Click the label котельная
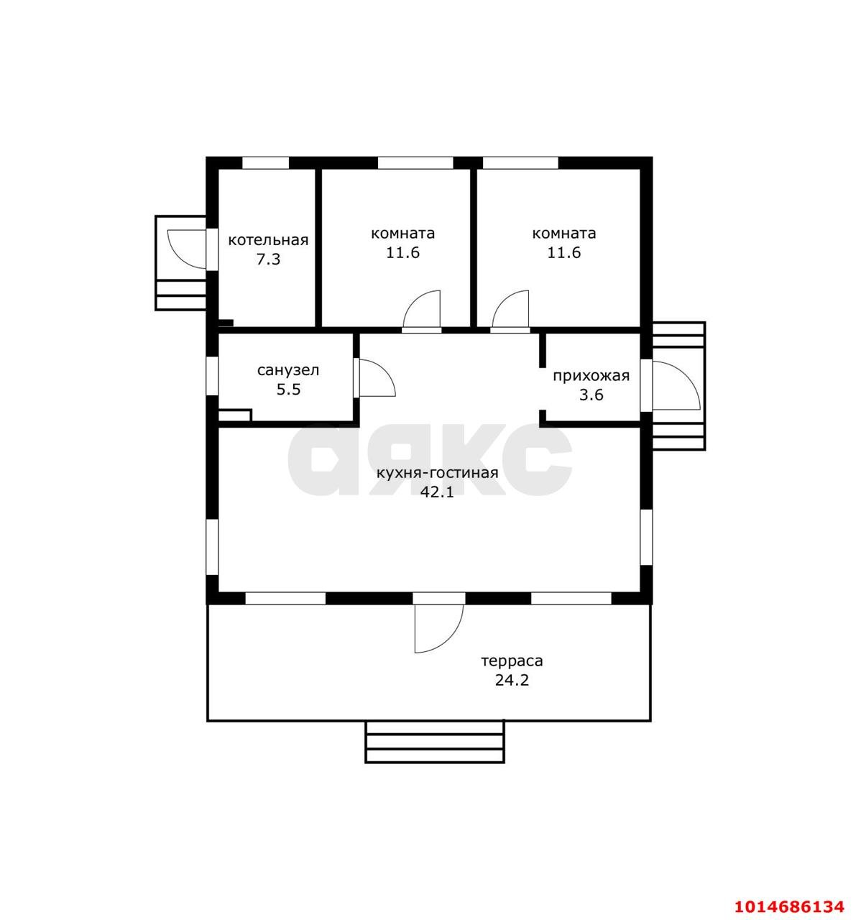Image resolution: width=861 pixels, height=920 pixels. coord(268,241)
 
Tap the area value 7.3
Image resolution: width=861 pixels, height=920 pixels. coord(268,259)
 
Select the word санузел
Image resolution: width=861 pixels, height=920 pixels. coord(288,371)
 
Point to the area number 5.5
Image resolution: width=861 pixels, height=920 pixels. coord(288,390)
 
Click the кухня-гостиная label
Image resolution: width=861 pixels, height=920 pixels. coord(438,473)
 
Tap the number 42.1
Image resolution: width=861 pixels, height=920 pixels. coord(437,492)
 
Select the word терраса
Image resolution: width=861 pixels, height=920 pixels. coord(512,661)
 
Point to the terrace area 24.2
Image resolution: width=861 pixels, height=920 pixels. coord(512,680)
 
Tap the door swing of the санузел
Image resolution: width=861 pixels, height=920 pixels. coord(374,378)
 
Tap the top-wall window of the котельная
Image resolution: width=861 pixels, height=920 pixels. coord(265,162)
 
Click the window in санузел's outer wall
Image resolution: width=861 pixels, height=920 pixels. coord(212,375)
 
